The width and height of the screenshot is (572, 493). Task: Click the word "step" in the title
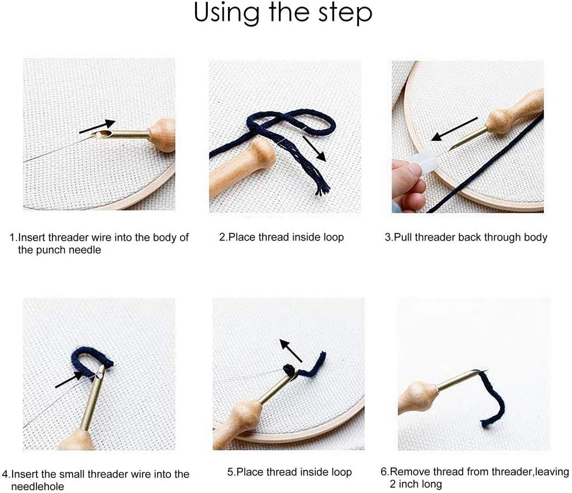(345, 13)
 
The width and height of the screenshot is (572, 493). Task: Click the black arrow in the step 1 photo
(97, 126)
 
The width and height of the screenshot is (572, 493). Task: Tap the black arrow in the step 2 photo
(314, 149)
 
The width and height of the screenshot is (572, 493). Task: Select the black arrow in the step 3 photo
(454, 129)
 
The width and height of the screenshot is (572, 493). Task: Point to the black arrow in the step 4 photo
(69, 379)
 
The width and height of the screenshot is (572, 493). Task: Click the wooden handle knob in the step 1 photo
(162, 135)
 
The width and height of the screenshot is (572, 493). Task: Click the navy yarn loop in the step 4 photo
(90, 361)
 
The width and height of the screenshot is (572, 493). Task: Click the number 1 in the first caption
(12, 238)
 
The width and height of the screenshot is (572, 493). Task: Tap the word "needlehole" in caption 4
(38, 487)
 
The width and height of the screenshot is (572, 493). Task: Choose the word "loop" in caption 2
(334, 238)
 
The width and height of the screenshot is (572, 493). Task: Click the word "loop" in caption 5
(342, 473)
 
